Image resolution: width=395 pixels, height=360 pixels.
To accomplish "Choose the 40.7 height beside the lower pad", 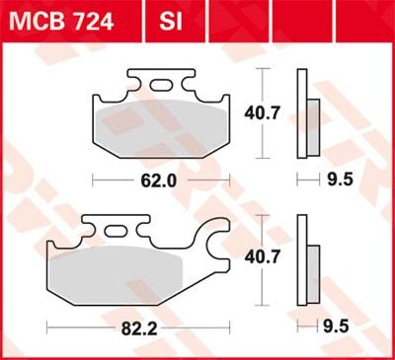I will pyautogui.click(x=286, y=258).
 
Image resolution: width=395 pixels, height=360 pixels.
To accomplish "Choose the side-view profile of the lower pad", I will pyautogui.click(x=308, y=261).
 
